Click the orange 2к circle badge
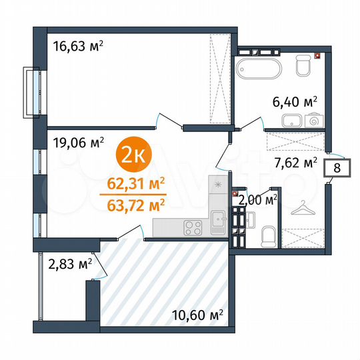coord(134,155)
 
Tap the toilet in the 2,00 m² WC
coord(268,235)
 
